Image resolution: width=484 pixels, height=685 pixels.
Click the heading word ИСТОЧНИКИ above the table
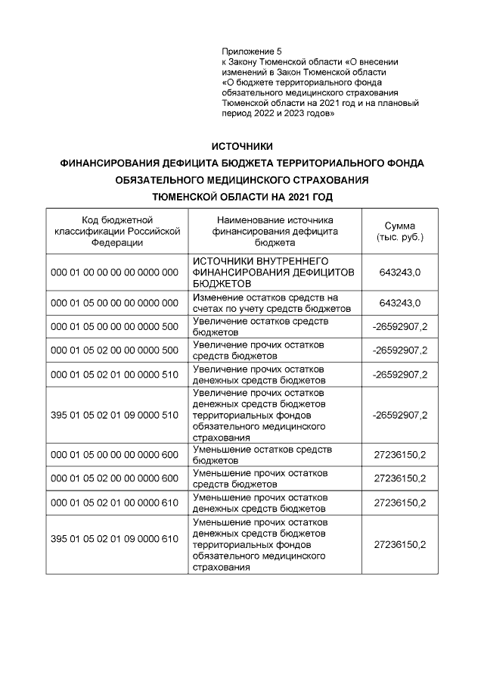(x=242, y=146)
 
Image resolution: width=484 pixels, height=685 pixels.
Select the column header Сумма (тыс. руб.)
(x=400, y=232)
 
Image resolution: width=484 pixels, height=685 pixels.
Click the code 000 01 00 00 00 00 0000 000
(x=114, y=272)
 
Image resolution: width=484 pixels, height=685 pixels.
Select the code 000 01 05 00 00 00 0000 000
(x=114, y=303)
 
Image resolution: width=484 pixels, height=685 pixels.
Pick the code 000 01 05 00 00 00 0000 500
(x=114, y=327)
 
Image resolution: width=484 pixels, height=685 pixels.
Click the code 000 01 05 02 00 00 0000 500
(x=114, y=350)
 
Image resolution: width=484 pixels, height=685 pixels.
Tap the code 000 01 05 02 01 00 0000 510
(x=114, y=375)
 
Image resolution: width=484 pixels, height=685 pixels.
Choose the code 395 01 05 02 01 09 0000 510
(x=114, y=415)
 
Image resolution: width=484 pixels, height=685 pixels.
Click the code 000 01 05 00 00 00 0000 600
(x=114, y=454)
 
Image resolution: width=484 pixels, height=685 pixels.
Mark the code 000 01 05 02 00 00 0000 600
(x=114, y=478)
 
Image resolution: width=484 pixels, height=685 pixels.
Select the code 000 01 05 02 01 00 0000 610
(x=114, y=503)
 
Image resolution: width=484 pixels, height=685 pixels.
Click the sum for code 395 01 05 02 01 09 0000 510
(x=400, y=415)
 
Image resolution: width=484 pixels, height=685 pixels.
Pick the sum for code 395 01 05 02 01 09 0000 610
(x=400, y=544)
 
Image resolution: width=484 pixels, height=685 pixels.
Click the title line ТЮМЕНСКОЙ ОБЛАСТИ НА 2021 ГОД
(x=242, y=196)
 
